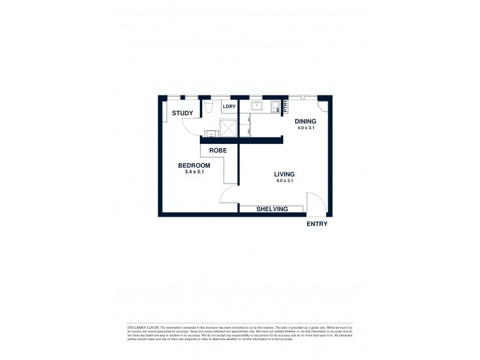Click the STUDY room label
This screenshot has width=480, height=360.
(182, 113)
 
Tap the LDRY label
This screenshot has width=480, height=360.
(229, 107)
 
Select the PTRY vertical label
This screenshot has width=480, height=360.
(286, 105)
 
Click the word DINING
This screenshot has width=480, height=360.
(305, 121)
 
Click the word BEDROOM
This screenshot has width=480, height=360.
(194, 166)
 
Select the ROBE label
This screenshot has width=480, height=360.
(217, 150)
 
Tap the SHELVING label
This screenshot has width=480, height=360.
(272, 209)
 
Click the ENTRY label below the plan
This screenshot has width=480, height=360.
(317, 224)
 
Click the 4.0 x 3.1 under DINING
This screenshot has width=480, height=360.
(305, 128)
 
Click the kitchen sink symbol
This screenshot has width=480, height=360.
(257, 107)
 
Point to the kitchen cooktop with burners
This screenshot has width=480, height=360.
(275, 107)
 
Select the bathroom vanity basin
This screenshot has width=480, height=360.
(211, 134)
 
